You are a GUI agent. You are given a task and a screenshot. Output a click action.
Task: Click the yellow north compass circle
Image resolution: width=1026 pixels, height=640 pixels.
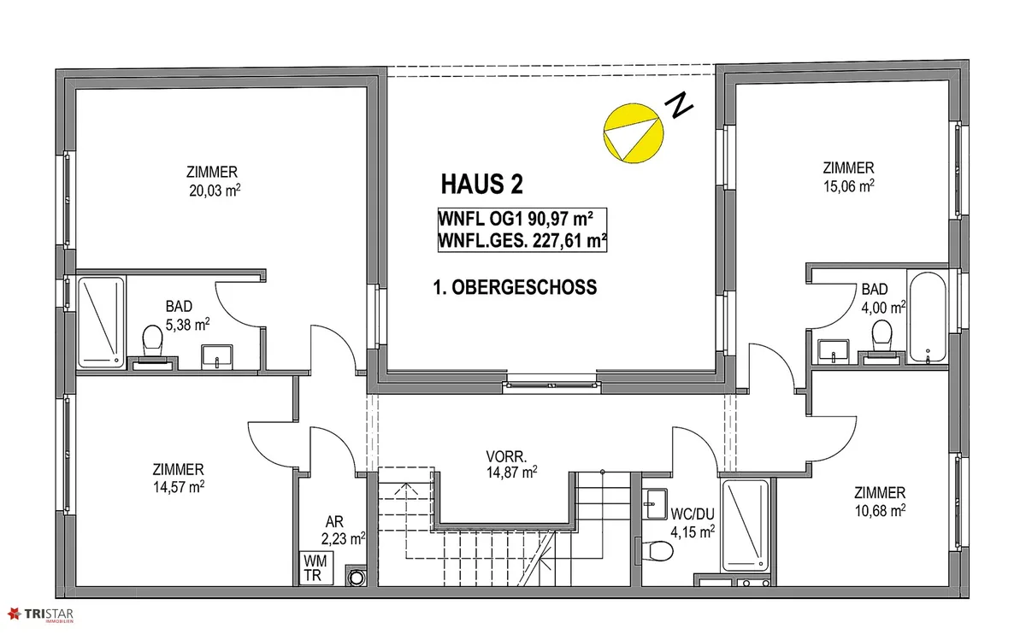click(634, 133)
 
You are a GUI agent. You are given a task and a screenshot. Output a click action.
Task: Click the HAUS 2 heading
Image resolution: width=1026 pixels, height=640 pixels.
click(481, 185)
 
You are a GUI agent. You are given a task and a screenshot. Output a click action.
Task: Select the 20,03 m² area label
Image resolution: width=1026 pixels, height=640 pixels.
click(215, 191)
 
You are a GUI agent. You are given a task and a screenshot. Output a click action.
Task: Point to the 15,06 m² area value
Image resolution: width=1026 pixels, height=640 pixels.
click(849, 186)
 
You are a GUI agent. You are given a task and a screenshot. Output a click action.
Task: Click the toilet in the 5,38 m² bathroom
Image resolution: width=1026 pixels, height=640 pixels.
click(152, 341)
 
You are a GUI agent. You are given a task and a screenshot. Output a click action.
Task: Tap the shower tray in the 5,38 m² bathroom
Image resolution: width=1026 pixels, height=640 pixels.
click(101, 322)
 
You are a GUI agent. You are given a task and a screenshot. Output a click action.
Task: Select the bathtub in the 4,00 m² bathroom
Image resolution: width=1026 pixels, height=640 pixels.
click(928, 317)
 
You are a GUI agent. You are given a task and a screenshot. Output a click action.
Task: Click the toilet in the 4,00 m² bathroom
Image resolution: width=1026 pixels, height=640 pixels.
click(882, 336)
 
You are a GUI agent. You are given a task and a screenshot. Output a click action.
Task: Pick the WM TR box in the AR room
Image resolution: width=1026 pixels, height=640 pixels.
click(316, 567)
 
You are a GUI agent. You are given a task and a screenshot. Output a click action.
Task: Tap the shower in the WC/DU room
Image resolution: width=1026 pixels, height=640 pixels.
click(746, 526)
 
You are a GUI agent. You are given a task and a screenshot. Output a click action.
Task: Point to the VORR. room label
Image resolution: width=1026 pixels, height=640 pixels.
click(506, 456)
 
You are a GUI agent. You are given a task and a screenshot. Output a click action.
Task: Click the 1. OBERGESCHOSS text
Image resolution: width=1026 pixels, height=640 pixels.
click(515, 287)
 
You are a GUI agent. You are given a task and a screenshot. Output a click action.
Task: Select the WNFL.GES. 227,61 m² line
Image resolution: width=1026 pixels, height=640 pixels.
click(522, 241)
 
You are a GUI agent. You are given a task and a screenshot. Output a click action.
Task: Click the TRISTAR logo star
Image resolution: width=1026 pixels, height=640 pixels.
click(14, 614)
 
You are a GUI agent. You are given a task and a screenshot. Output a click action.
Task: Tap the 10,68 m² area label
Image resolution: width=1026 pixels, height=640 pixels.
click(880, 510)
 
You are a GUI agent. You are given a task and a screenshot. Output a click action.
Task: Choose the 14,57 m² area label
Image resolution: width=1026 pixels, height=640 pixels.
click(179, 487)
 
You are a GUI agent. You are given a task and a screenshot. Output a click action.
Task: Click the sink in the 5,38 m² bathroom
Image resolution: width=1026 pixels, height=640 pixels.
click(216, 356)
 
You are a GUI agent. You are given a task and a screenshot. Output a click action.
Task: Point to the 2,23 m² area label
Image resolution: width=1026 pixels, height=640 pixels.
click(343, 539)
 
